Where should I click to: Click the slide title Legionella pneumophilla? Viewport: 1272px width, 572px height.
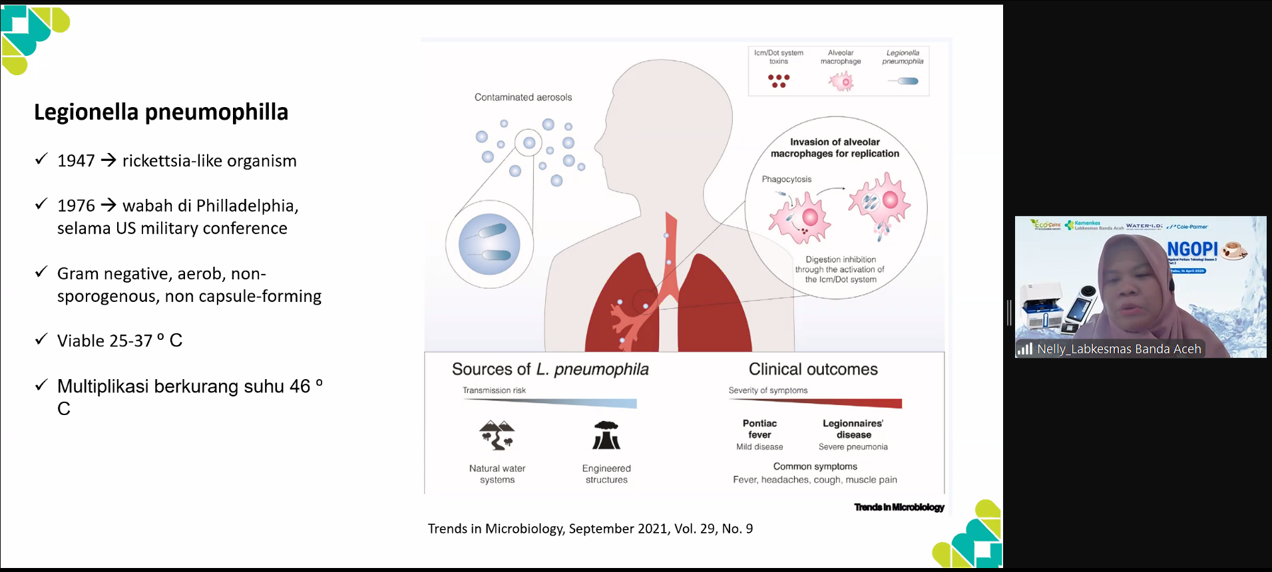click(161, 112)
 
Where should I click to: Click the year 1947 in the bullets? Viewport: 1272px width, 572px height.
click(76, 161)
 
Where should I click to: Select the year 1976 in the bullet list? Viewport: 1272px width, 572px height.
click(76, 206)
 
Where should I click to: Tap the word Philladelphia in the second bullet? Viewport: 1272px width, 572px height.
click(247, 206)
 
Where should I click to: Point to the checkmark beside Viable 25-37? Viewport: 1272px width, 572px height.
click(41, 339)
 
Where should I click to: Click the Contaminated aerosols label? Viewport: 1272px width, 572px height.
click(523, 97)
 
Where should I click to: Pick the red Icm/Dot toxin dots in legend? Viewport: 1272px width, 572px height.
click(778, 81)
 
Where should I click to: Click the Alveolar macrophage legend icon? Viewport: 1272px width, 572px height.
click(841, 82)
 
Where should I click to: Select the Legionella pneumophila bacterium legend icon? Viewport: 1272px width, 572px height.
click(905, 81)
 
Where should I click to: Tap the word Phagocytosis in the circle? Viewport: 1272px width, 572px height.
click(787, 179)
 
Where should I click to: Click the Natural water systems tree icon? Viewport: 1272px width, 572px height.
click(497, 435)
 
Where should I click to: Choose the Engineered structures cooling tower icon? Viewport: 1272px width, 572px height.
click(606, 436)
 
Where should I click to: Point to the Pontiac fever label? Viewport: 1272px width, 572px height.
click(759, 429)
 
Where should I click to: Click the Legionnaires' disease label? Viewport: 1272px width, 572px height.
click(853, 429)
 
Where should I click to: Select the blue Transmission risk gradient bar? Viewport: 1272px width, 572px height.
click(586, 403)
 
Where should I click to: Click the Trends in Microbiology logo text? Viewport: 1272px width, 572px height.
click(899, 507)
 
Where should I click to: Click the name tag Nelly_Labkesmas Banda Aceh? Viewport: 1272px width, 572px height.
click(1118, 349)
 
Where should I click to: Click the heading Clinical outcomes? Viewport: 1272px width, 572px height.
click(813, 369)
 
